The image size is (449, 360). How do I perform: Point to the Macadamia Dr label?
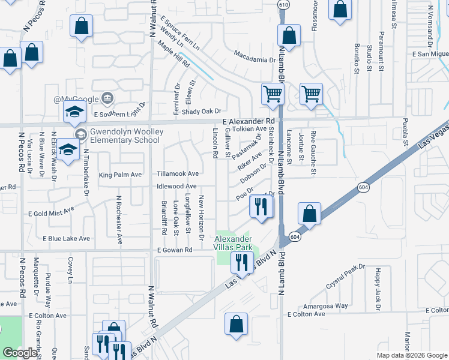tap(254, 60)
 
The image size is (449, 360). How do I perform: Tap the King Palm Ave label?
tap(120, 175)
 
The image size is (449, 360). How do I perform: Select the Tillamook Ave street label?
tap(178, 173)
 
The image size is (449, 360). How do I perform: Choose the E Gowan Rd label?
tap(175, 250)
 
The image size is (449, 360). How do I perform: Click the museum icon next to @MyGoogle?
tap(107, 98)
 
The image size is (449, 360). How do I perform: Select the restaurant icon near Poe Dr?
tap(261, 206)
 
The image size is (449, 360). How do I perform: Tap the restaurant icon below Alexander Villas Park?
tap(242, 262)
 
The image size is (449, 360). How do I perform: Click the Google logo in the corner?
tap(20, 353)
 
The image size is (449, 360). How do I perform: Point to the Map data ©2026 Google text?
tap(412, 355)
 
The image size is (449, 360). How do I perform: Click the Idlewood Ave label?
tap(177, 187)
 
